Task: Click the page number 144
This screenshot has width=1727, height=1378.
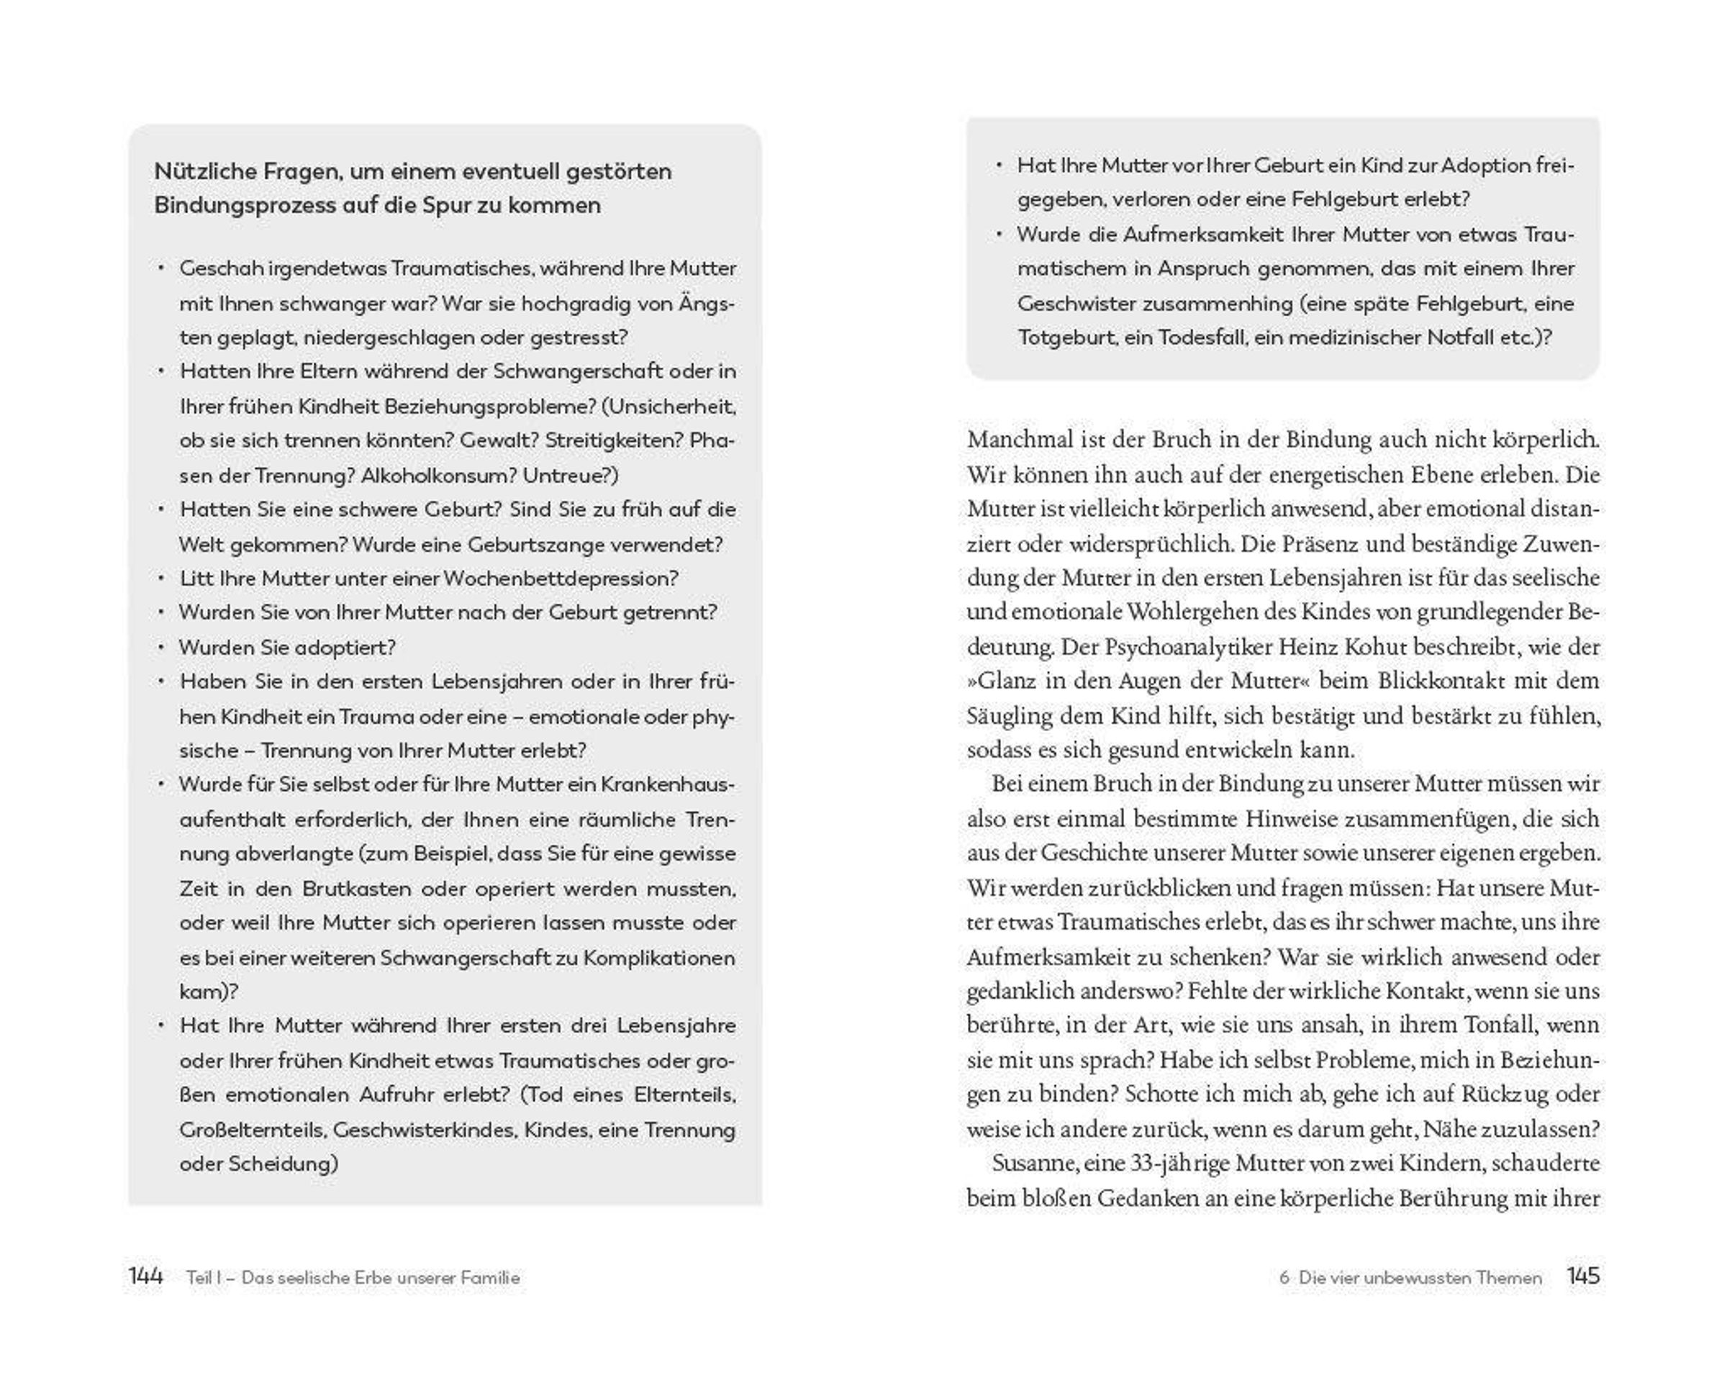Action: [x=146, y=1277]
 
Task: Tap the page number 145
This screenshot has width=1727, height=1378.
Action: [x=1583, y=1277]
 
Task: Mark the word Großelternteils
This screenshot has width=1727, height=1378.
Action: [x=253, y=1130]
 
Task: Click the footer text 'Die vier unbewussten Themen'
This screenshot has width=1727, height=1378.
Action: [x=1420, y=1278]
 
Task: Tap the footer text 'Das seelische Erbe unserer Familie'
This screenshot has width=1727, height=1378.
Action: [x=381, y=1278]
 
